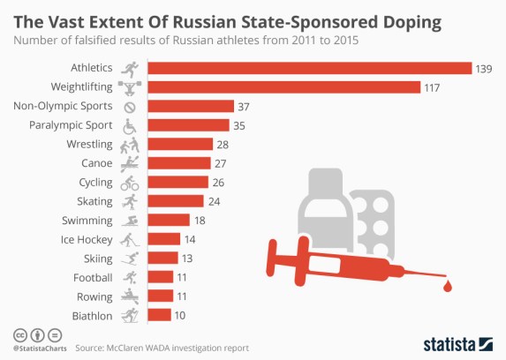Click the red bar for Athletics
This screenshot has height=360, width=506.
click(309, 68)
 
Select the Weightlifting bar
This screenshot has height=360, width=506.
click(283, 86)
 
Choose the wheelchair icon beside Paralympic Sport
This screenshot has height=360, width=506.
click(130, 125)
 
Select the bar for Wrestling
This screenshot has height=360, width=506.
click(180, 144)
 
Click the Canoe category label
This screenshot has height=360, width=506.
click(96, 163)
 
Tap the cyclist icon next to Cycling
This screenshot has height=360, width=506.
click(130, 183)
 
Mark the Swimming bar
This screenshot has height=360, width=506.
click(169, 221)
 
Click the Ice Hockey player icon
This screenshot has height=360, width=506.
click(130, 239)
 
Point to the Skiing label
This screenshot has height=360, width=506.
click(97, 258)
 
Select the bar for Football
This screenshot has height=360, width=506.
click(160, 277)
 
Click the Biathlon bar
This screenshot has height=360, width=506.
click(159, 315)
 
